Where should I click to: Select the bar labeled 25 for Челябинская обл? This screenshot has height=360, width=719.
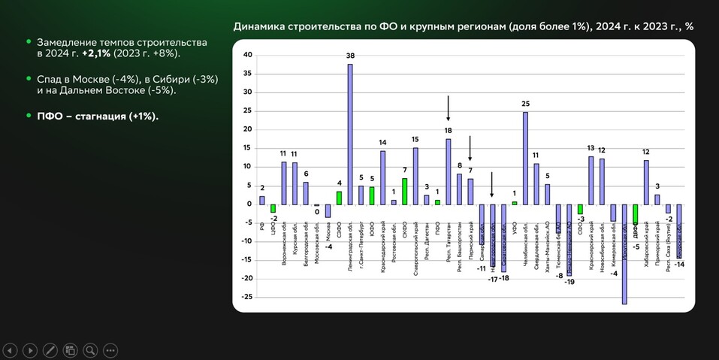pos(525,158)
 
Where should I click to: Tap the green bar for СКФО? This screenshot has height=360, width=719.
pos(405,191)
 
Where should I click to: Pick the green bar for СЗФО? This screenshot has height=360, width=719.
pos(339,197)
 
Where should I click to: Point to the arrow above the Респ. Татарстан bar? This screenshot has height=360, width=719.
pos(449,109)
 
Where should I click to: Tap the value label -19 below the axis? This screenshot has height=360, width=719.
pos(569,282)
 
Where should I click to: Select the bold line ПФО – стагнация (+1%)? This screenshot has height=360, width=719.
pos(97,116)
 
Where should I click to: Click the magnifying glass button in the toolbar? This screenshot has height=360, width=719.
pos(90,349)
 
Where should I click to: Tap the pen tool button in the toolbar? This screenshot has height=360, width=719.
pos(50,349)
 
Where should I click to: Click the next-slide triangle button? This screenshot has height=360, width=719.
pos(29,349)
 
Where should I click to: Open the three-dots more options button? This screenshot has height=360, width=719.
pos(110,349)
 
